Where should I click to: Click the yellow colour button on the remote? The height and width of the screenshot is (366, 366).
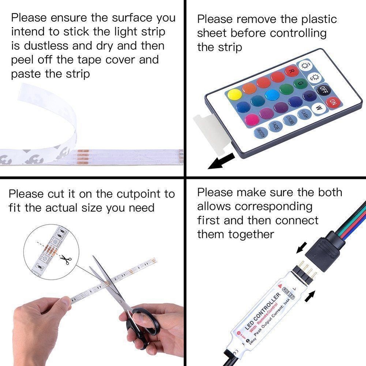235,95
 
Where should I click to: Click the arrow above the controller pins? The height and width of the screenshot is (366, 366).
301,249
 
